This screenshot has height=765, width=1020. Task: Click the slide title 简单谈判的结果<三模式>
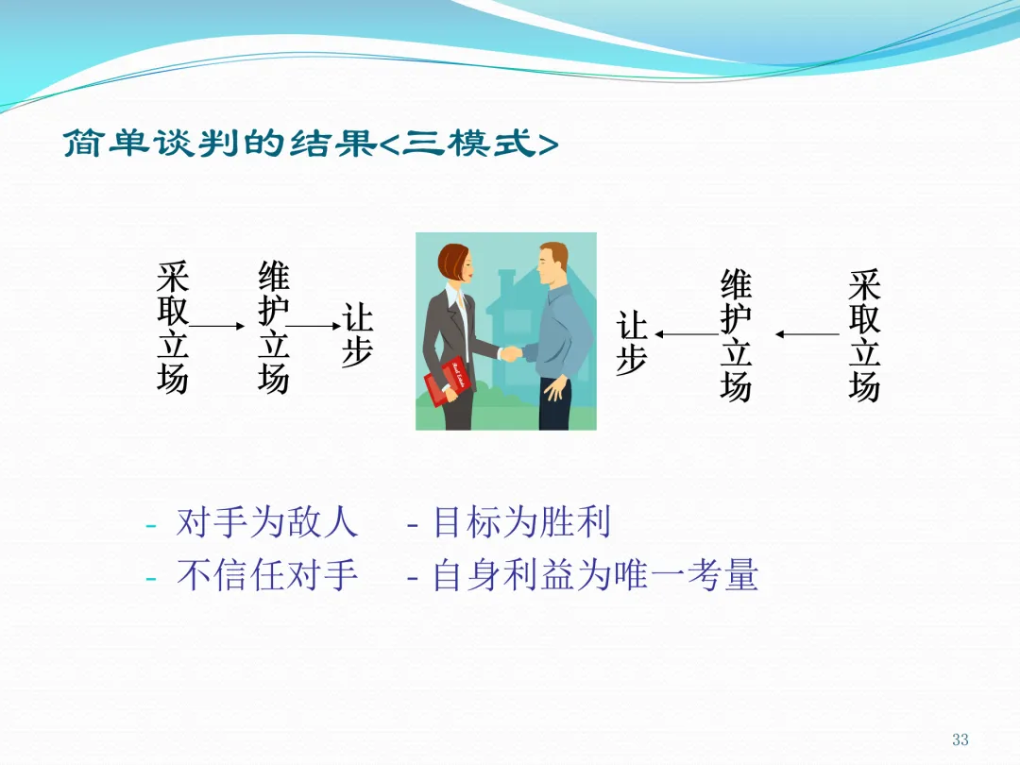(x=311, y=143)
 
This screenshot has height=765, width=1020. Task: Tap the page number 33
(x=960, y=739)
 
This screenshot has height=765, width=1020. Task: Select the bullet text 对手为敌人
(x=266, y=522)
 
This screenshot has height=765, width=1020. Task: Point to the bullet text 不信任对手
(x=266, y=575)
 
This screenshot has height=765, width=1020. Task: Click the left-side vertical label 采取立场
(x=173, y=327)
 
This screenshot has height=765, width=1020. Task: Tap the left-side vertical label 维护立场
(x=273, y=327)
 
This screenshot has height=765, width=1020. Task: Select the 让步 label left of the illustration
(x=357, y=335)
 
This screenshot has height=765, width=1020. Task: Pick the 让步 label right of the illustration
(x=632, y=343)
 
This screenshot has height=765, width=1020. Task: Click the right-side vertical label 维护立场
(x=736, y=335)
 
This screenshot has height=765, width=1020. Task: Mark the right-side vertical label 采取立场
(x=864, y=335)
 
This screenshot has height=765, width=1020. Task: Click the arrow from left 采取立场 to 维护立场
(x=216, y=326)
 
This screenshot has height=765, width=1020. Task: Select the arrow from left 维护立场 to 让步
(x=314, y=326)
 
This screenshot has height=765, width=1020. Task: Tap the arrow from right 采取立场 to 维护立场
(x=807, y=334)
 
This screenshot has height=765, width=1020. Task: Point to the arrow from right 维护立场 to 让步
(x=687, y=334)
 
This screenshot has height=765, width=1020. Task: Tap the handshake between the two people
(x=511, y=354)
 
